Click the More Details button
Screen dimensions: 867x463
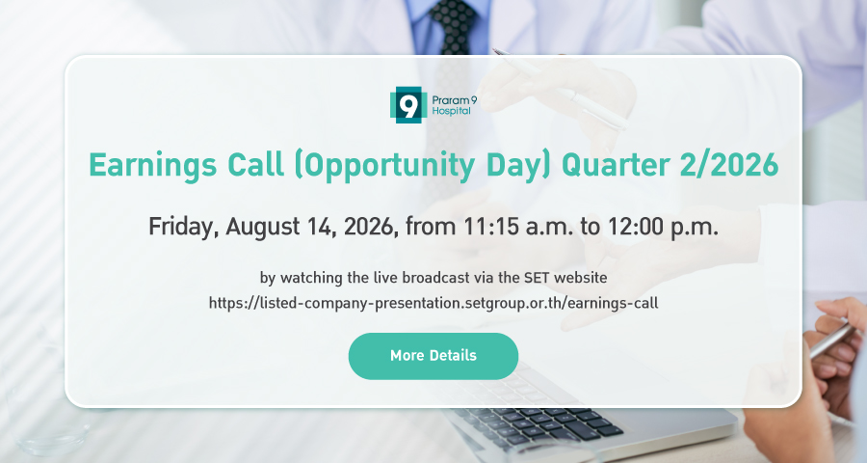tap(433, 356)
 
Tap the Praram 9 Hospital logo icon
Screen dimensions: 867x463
tap(408, 105)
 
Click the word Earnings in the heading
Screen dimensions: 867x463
tap(152, 166)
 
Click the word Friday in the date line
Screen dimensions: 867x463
tap(181, 227)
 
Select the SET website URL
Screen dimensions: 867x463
tap(433, 303)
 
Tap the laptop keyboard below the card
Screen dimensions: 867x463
tap(541, 424)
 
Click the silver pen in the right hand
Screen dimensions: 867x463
tap(832, 340)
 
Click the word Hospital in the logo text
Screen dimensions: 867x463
tap(451, 111)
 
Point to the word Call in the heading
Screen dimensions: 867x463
tap(255, 165)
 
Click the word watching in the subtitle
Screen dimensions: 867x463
tap(311, 278)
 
